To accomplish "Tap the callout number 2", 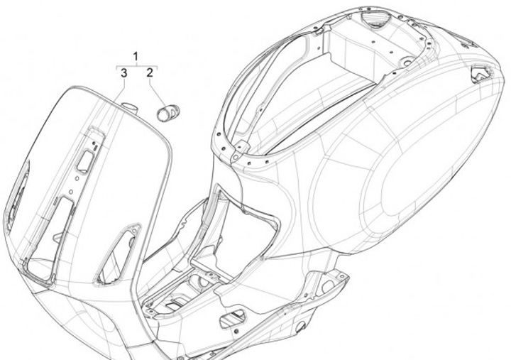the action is (x=150, y=72).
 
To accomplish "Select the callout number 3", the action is (x=123, y=72).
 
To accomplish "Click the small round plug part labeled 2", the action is (x=167, y=111).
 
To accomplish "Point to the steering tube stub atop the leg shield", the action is (x=128, y=107).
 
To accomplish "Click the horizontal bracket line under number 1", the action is (x=137, y=65).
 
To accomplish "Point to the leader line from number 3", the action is (x=121, y=89).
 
